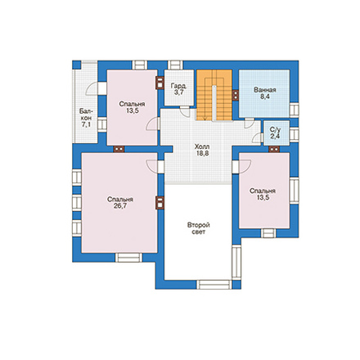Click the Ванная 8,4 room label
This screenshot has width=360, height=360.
tap(264, 93)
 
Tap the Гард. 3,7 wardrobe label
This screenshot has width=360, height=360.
tap(178, 89)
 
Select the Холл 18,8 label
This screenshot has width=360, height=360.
tap(202, 150)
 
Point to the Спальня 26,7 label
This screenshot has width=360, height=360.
tap(120, 202)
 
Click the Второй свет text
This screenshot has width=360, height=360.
tap(198, 228)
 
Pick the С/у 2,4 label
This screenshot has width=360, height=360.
tap(276, 133)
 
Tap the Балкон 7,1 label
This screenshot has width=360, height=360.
tap(86, 118)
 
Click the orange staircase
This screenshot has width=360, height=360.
tap(214, 95)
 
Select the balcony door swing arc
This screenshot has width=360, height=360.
tap(91, 88)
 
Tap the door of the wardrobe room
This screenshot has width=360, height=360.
tap(185, 111)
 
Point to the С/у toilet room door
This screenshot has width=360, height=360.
tap(257, 138)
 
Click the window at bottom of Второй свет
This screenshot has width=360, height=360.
tap(214, 285)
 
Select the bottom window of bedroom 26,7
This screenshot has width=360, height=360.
tap(128, 258)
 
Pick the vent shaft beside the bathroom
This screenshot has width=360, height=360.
tap(236, 95)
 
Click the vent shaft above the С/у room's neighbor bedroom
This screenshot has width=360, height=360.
tap(274, 149)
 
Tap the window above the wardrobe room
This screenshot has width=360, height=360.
tap(175, 65)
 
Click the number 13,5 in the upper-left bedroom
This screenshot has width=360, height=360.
tap(133, 110)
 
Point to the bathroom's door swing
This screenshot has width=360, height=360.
tap(249, 123)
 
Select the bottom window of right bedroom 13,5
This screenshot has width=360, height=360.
tap(268, 233)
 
